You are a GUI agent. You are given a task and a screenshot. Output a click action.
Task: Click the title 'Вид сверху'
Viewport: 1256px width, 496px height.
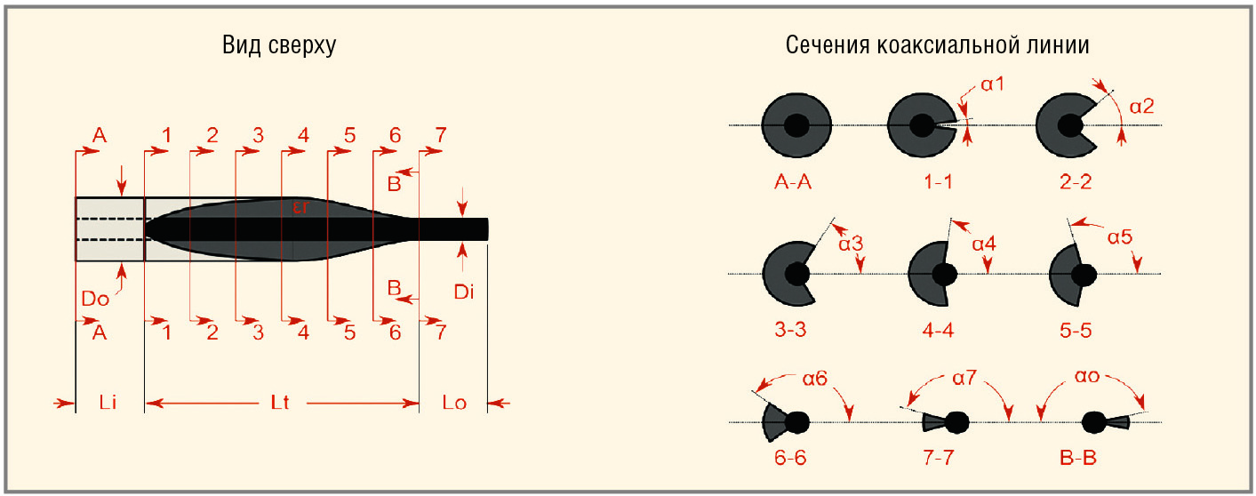click(279, 45)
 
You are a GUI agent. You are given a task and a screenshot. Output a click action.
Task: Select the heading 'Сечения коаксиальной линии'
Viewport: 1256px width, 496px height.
click(937, 44)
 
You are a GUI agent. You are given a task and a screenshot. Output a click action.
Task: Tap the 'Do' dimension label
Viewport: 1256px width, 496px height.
click(95, 299)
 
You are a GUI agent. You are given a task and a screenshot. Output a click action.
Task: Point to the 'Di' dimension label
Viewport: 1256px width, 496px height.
click(464, 292)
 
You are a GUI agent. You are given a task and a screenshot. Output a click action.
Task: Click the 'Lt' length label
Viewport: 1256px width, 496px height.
click(280, 403)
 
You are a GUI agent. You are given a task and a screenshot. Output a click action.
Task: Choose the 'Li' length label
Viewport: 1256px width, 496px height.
click(108, 403)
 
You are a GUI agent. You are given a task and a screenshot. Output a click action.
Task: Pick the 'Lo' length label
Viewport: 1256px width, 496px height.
click(454, 403)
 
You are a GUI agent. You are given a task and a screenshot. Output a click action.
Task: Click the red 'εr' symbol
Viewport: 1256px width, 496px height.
click(300, 207)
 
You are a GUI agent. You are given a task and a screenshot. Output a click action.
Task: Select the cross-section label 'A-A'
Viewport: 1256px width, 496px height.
click(793, 181)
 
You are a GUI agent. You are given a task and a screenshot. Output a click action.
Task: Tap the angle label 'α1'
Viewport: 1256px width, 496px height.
click(993, 84)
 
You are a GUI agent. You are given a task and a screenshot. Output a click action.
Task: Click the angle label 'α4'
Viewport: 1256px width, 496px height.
click(984, 244)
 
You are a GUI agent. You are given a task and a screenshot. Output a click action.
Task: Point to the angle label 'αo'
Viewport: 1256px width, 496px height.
click(1087, 376)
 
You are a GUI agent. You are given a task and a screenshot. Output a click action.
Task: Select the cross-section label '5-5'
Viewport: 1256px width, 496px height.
click(1076, 330)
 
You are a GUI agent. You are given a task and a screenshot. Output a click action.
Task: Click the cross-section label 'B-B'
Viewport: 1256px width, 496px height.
click(1077, 458)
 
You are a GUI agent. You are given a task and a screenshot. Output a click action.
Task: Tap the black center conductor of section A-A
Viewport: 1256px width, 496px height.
click(796, 124)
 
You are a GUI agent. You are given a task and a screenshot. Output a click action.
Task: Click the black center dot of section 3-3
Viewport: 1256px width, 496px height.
click(796, 274)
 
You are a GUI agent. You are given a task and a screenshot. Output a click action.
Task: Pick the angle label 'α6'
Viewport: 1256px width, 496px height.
click(815, 379)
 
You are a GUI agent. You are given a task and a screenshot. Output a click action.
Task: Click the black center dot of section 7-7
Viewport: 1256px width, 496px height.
click(957, 422)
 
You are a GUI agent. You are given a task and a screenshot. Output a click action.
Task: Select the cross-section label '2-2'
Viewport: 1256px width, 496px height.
click(1076, 181)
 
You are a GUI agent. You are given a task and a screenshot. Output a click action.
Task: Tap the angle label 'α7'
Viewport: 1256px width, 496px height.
click(964, 378)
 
